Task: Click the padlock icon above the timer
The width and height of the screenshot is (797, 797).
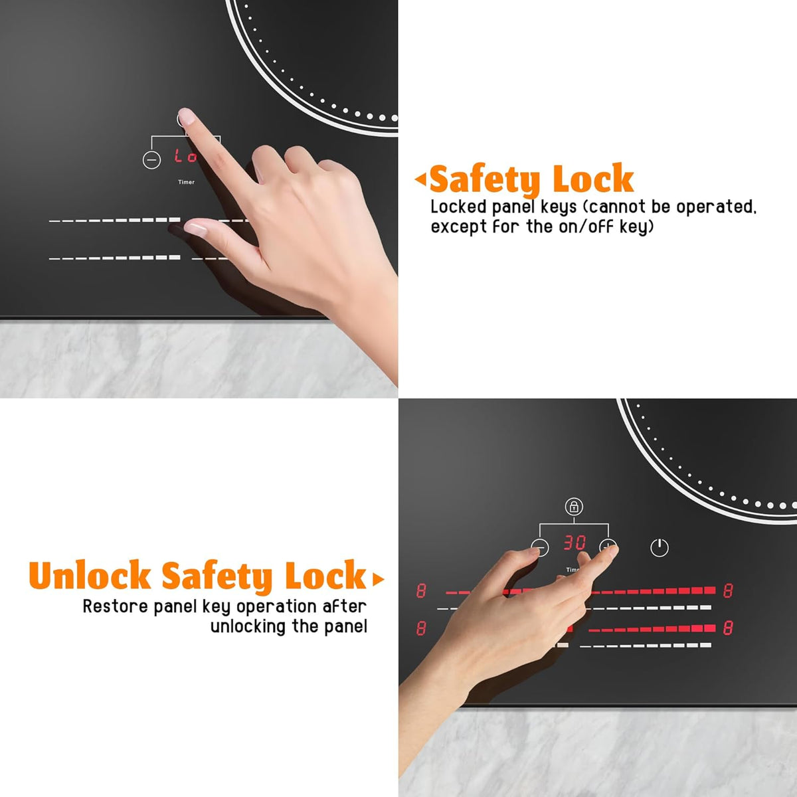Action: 574,506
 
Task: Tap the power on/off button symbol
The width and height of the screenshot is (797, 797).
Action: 660,547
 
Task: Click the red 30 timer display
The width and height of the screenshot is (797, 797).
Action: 575,543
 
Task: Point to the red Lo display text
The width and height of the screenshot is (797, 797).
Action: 185,155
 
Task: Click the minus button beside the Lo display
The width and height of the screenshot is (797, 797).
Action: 151,159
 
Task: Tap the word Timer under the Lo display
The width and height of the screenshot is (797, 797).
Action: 186,182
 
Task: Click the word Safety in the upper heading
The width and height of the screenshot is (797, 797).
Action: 484,179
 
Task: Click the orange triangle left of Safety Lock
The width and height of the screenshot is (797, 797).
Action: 420,179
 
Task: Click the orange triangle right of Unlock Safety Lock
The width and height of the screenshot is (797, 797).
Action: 378,579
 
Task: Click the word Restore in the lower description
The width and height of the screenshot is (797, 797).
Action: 116,606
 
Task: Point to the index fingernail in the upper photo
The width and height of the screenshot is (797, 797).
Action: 186,117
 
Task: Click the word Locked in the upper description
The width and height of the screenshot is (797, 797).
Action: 459,207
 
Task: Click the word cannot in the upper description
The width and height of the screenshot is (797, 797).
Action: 615,207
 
